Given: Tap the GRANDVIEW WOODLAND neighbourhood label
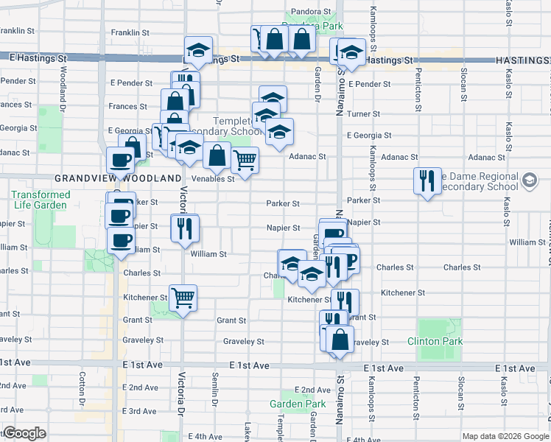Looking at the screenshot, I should pos(118,179).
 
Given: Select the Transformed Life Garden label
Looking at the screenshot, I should pos(41,200).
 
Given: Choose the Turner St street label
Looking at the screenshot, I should pos(363,114).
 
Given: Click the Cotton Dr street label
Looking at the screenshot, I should pos(82,385).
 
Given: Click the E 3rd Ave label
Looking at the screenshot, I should pos(139,411).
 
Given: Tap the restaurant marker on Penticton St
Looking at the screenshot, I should pos(427,181).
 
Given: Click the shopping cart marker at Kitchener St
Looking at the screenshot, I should pos(183,298).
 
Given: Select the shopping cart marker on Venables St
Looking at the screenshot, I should pos(245,159).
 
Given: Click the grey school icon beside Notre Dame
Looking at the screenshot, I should pos(529,180).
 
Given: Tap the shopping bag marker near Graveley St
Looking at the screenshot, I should pos(340,340).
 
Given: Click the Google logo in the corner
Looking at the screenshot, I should pos(24,434).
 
